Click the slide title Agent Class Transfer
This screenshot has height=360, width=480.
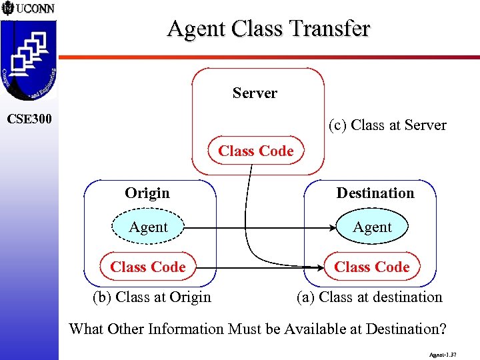[x=269, y=29]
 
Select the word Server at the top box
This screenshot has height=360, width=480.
[x=255, y=93]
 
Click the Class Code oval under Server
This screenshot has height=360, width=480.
[x=256, y=151]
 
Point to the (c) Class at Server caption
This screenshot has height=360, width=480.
[x=387, y=125]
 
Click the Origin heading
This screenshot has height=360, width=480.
[x=147, y=193]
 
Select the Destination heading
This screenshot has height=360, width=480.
[x=375, y=193]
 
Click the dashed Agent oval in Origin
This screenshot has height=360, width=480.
[x=148, y=227]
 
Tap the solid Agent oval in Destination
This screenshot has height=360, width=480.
[x=372, y=227]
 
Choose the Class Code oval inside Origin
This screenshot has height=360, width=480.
[x=148, y=267]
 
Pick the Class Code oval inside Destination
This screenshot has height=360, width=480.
[x=372, y=267]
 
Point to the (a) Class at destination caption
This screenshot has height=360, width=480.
[x=369, y=297]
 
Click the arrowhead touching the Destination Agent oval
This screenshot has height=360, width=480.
[x=333, y=227]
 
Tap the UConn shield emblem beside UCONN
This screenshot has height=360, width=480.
[x=7, y=9]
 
